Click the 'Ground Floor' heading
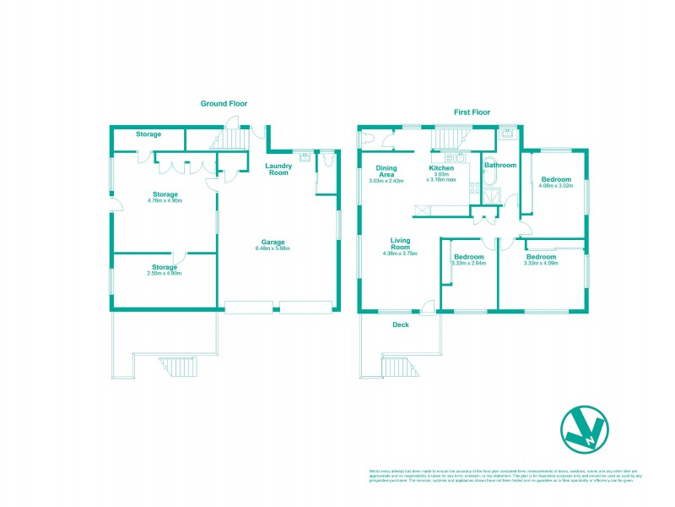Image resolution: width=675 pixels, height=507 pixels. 222,104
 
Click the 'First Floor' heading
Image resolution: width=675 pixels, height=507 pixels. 472,112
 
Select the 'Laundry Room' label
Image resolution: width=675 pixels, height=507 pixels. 278,168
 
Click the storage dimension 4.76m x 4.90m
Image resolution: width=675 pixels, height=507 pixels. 165,201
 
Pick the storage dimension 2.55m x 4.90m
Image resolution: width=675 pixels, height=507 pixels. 165,274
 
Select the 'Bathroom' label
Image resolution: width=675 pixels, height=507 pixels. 499,166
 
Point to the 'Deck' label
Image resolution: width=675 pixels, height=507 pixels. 401,324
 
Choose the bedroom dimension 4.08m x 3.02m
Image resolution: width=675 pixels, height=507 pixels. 556,186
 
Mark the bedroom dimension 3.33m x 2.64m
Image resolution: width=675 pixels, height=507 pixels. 468,263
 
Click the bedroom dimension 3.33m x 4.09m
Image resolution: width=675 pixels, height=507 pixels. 541,263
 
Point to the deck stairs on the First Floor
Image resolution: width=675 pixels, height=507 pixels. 397,366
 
